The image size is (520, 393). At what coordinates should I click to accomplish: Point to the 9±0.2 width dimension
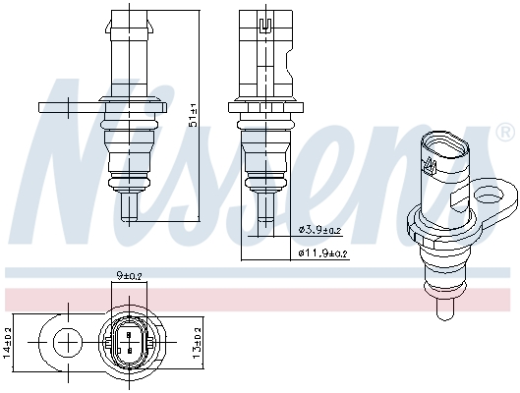point(128,278)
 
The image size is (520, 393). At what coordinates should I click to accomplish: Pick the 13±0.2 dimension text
point(197,344)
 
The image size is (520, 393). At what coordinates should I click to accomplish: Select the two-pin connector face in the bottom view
point(128,344)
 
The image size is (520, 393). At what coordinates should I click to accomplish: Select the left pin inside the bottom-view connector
point(122,344)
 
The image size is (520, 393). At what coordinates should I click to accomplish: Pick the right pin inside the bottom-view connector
point(134,344)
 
